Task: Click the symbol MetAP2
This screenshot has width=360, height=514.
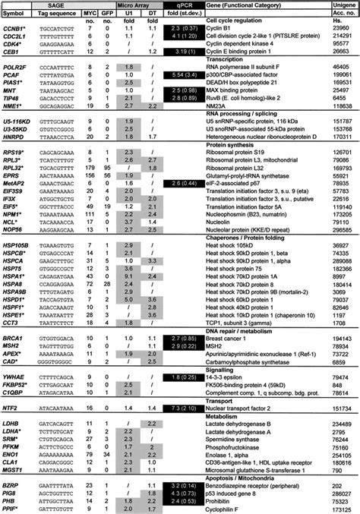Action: [15, 184]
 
